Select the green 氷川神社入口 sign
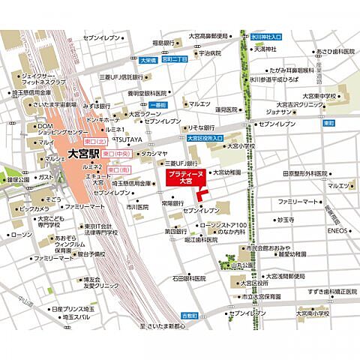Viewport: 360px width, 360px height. tap(266, 35)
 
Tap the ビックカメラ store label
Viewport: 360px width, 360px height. tap(34, 208)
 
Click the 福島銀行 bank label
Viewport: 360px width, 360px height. tap(163, 43)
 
